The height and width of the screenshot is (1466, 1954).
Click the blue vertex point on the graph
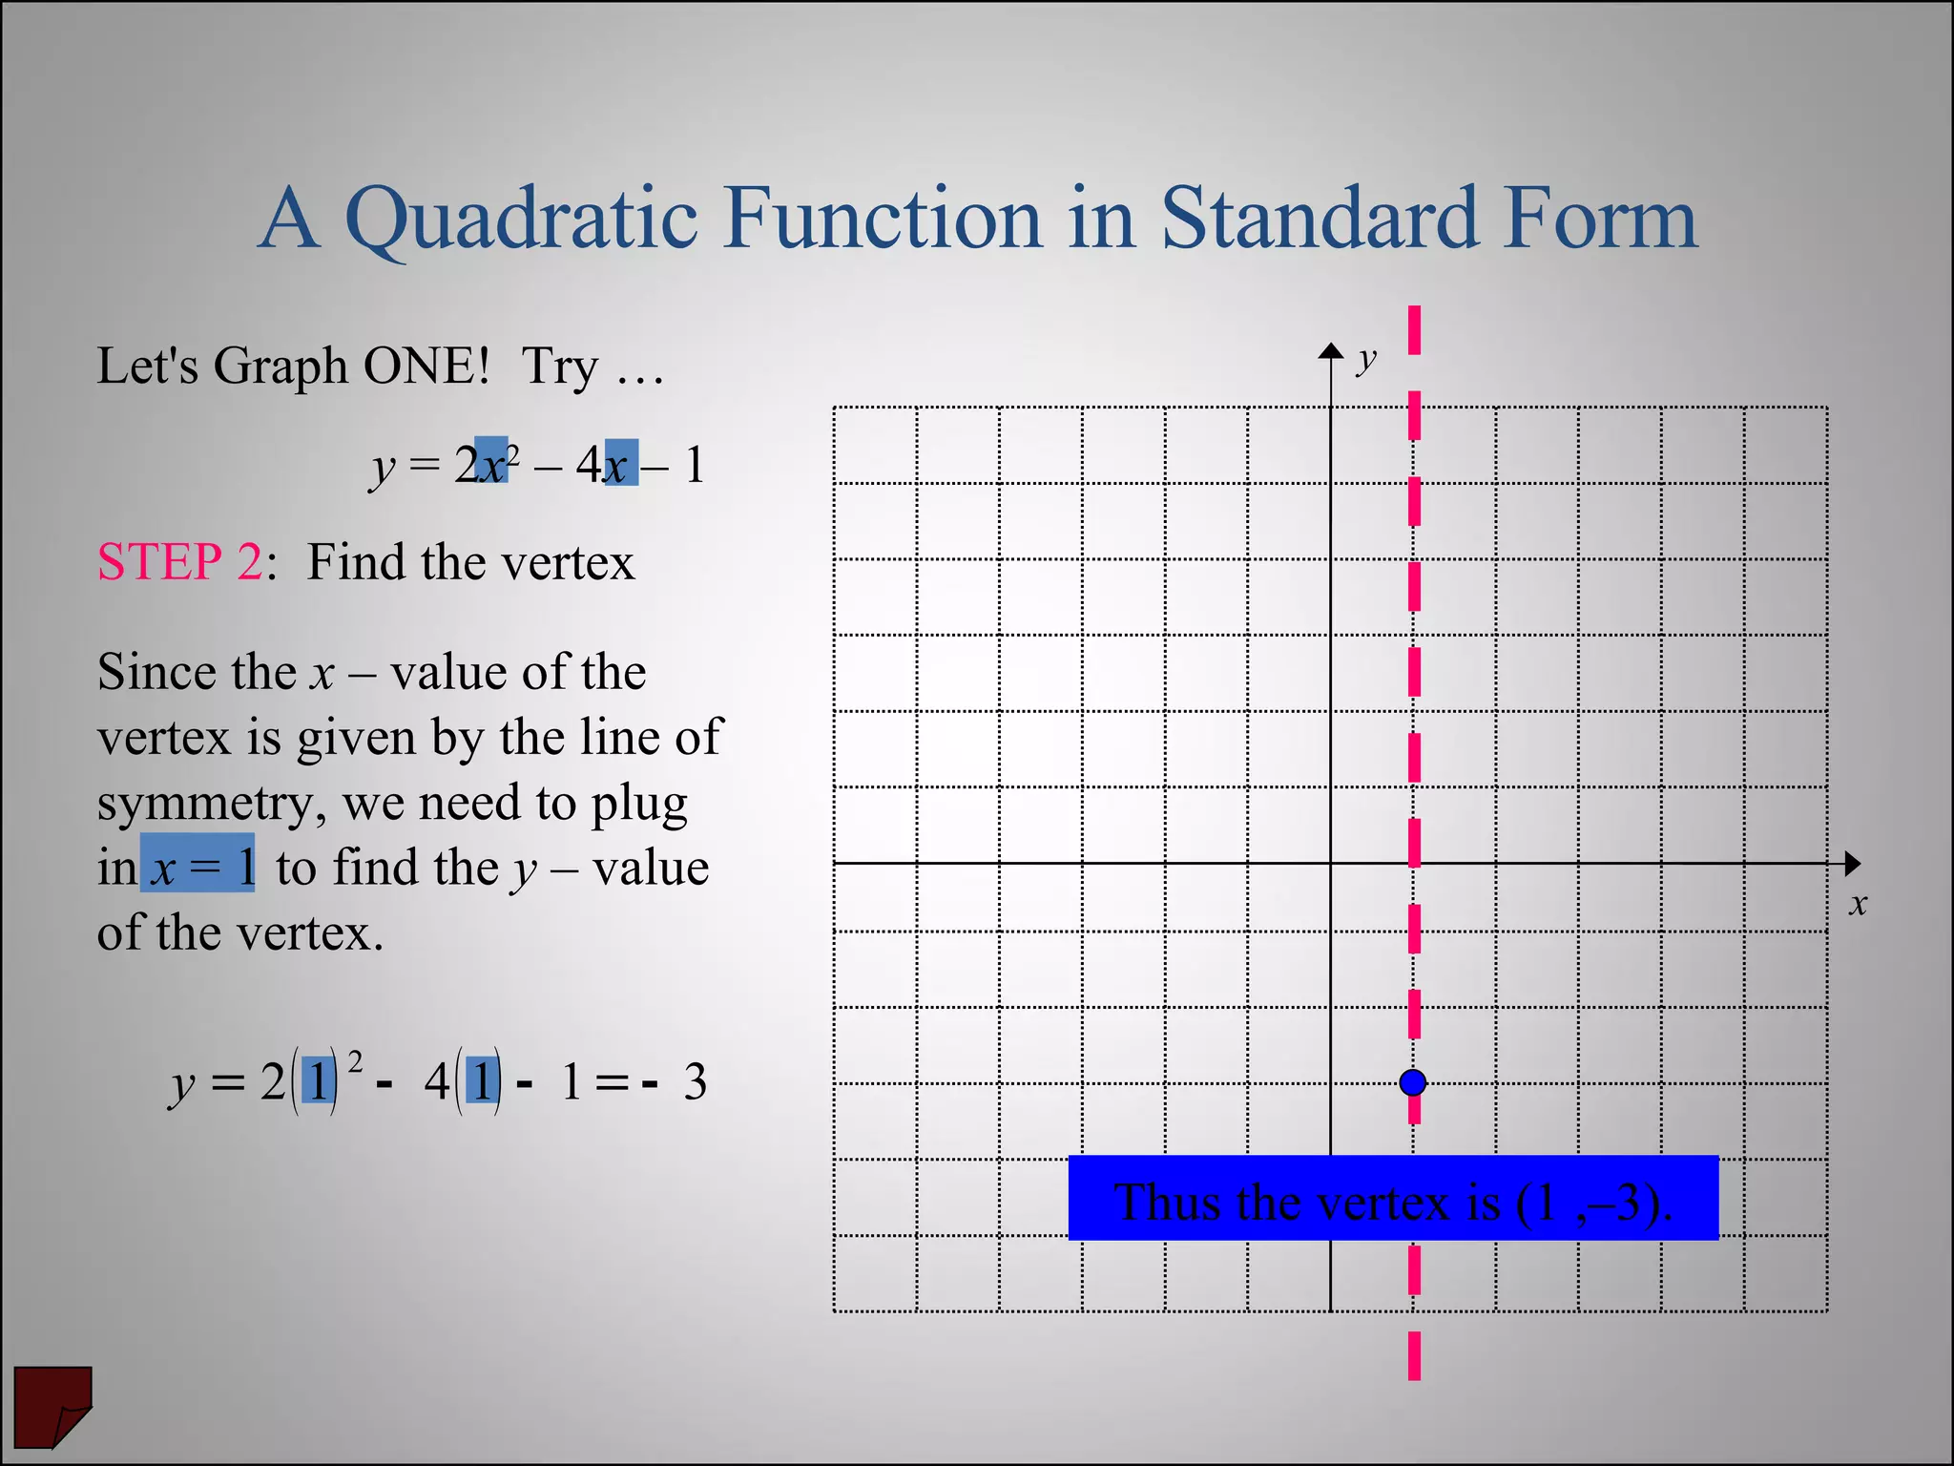click(1413, 1082)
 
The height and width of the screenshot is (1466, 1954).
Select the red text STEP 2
click(179, 561)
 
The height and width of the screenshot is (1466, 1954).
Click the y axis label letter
click(1367, 360)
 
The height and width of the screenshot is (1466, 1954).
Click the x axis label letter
click(1857, 903)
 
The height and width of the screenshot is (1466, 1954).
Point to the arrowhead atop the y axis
click(1331, 350)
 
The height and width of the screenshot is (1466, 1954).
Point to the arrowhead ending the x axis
click(1852, 864)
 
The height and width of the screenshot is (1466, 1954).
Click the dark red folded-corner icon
click(52, 1405)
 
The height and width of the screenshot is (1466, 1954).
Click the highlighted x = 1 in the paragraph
click(197, 865)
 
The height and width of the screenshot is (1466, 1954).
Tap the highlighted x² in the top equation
click(493, 462)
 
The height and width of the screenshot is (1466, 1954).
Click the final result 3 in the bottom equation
click(695, 1083)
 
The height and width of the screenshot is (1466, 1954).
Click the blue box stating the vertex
click(1392, 1199)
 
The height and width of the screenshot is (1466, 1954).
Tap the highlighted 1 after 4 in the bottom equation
click(483, 1082)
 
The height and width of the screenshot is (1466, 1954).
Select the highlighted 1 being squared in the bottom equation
click(319, 1082)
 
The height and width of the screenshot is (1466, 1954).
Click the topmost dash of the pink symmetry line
click(1414, 329)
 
